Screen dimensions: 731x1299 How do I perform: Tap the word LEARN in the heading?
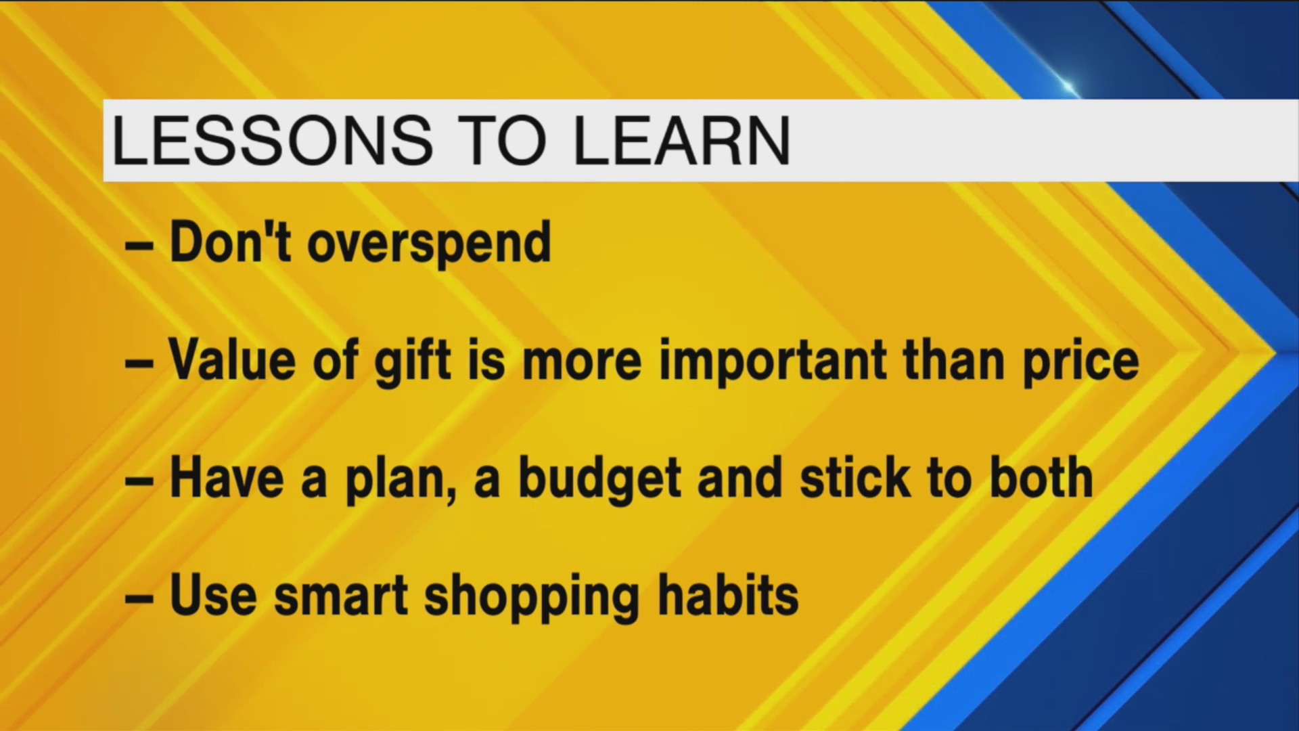pos(682,141)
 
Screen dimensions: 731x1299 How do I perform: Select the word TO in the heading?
pos(502,141)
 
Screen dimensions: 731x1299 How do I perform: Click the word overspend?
pos(429,244)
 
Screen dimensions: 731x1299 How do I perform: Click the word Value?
pos(232,360)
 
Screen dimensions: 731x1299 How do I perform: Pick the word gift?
pos(412,361)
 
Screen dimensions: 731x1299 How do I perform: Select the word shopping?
pos(532,597)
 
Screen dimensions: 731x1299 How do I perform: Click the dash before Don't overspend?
pos(139,246)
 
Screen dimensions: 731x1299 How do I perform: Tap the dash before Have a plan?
pos(139,481)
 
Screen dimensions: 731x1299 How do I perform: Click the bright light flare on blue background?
pos(1068,86)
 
